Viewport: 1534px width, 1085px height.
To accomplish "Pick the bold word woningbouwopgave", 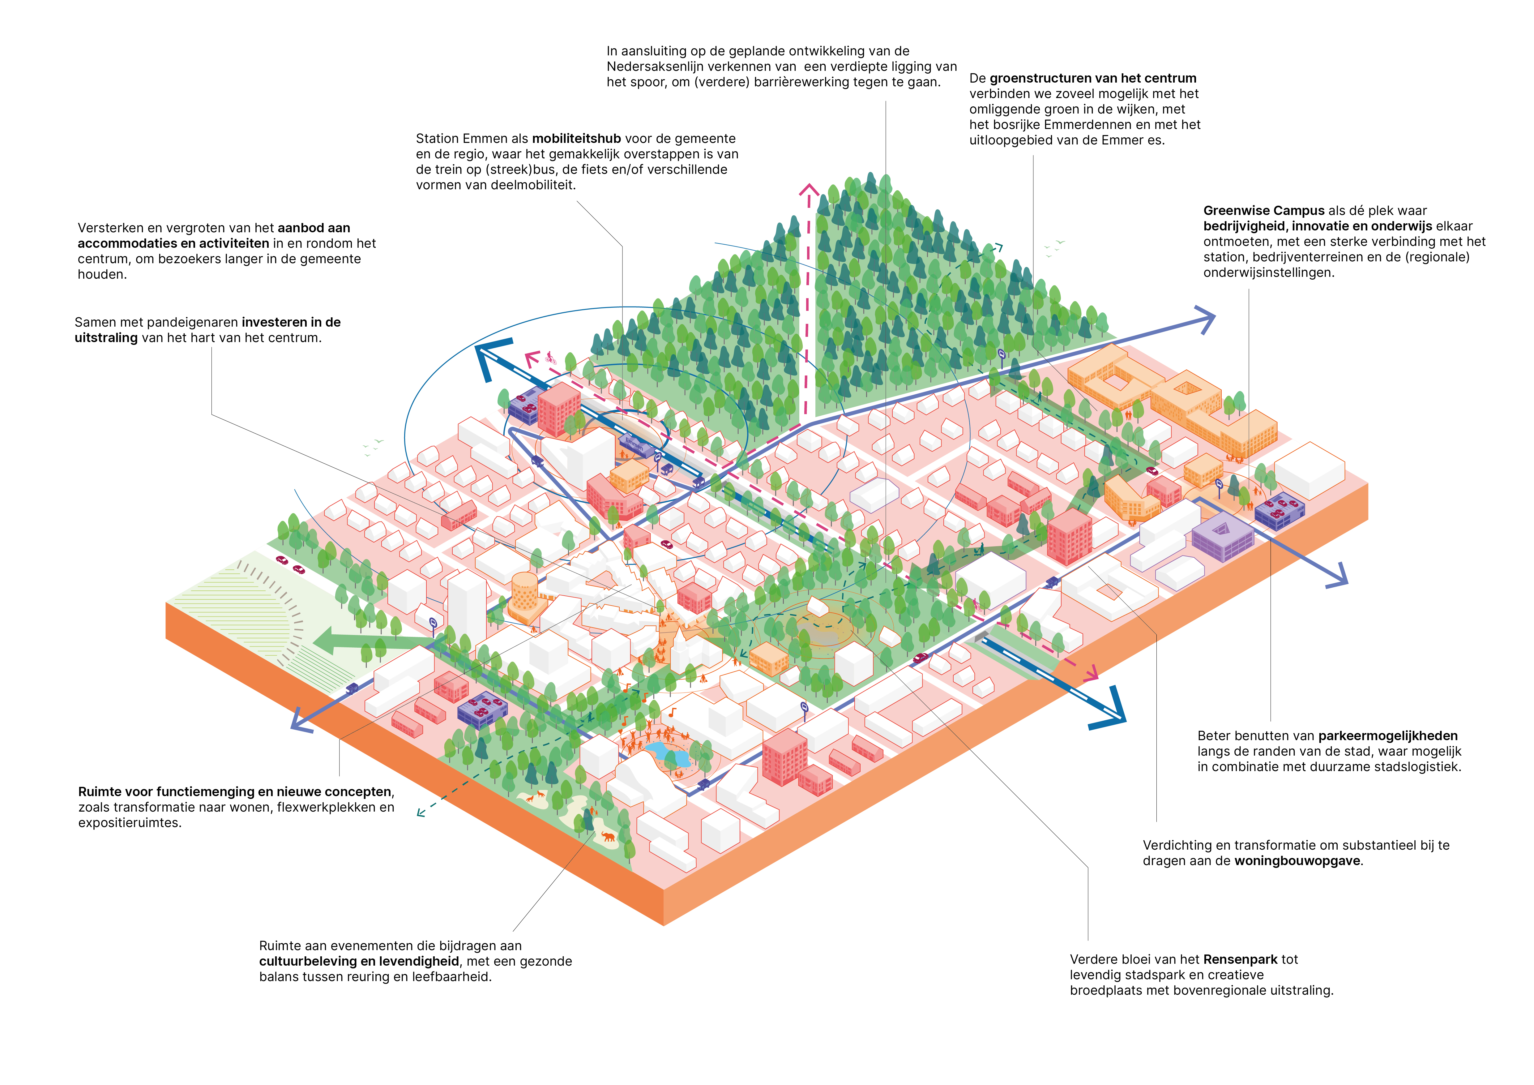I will (x=1296, y=860).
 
